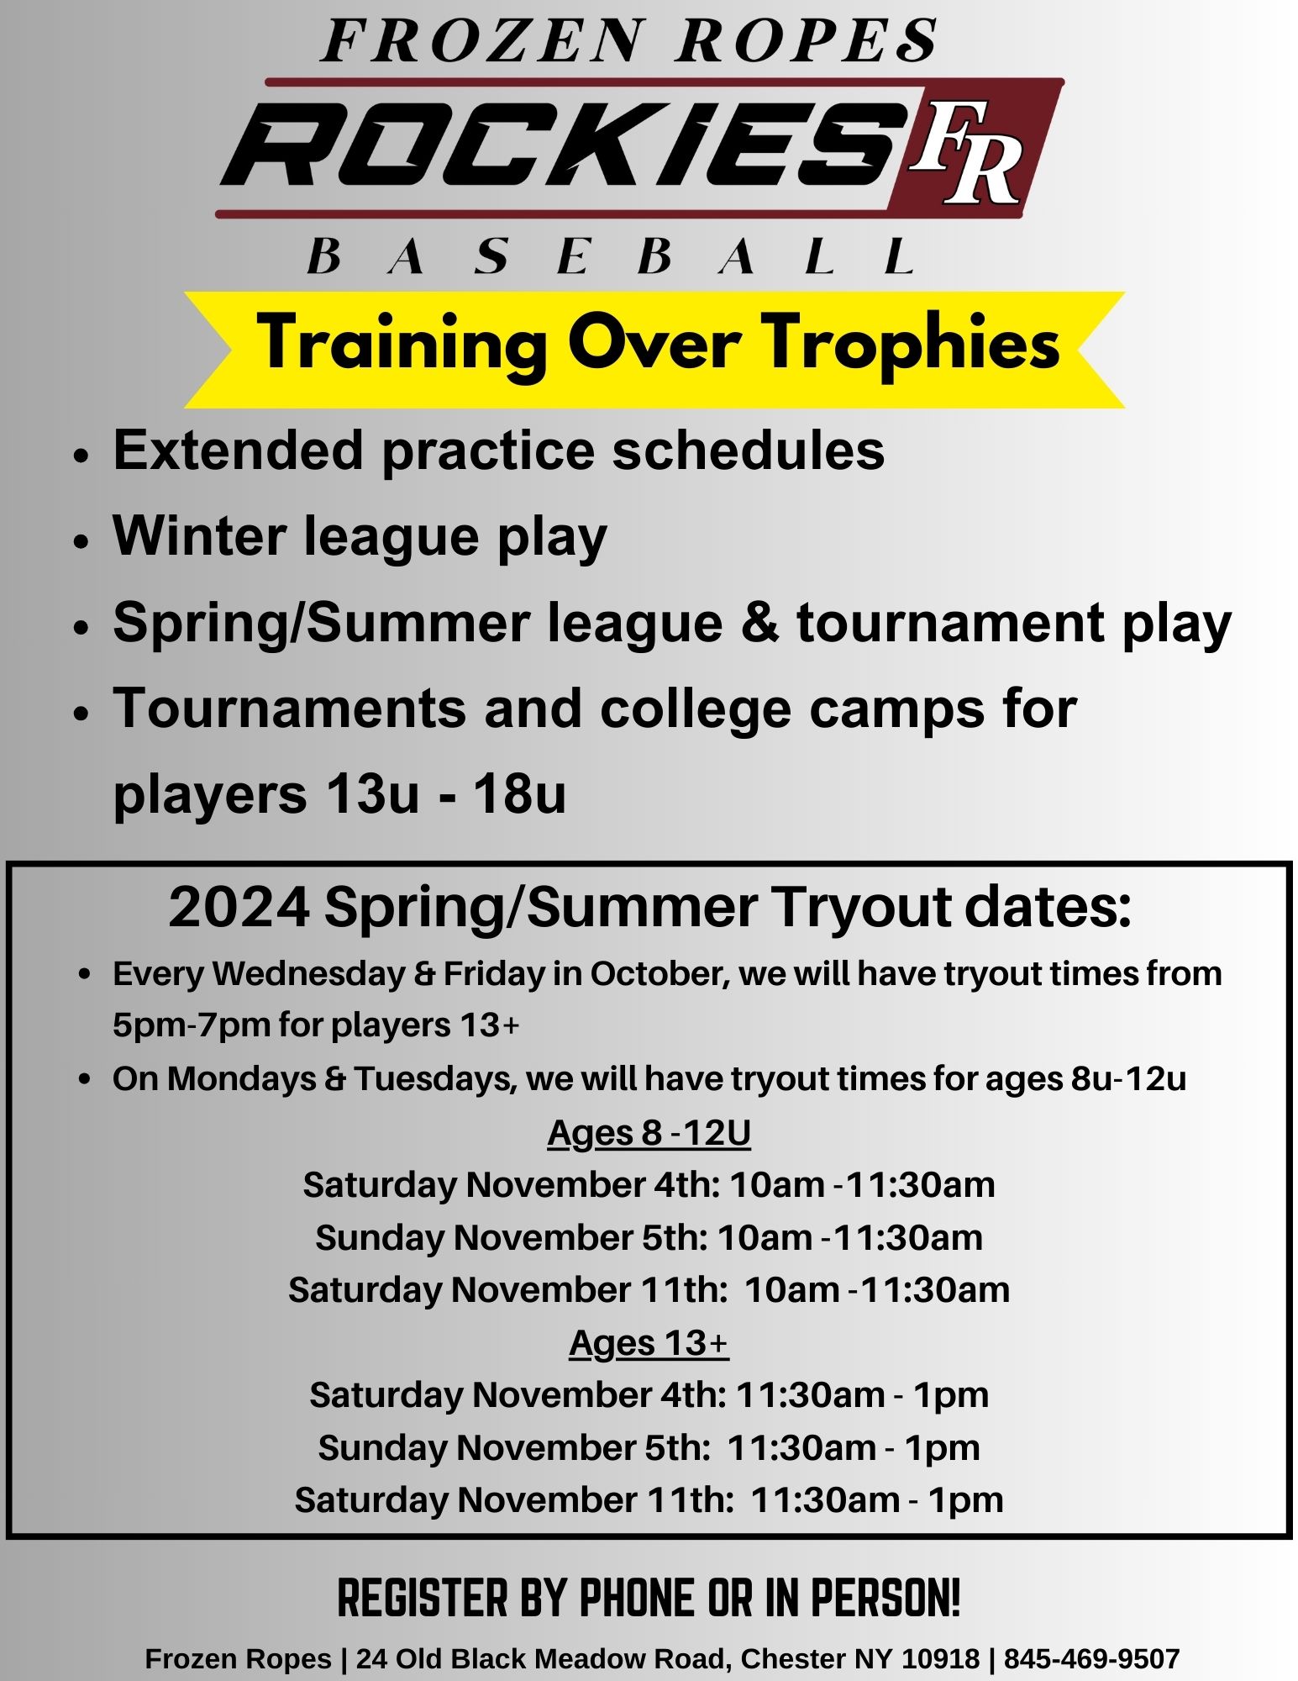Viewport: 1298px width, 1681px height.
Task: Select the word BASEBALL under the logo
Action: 612,256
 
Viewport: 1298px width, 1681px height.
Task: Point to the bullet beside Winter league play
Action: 81,541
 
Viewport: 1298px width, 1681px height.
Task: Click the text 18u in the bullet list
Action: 518,794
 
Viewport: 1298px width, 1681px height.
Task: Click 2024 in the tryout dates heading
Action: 239,908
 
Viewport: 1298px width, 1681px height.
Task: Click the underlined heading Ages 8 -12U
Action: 649,1133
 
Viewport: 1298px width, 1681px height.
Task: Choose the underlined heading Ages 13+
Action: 649,1343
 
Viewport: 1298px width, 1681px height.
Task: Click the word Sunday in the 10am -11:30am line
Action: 380,1238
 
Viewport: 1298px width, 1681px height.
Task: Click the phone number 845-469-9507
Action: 1091,1658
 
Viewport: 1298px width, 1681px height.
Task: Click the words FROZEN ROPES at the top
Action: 629,41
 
